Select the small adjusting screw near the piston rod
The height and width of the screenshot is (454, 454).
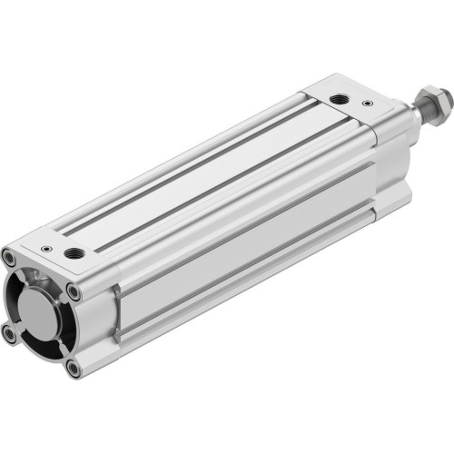point(367,104)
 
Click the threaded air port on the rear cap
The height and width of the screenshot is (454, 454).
point(73,253)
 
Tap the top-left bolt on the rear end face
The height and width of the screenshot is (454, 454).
point(10,258)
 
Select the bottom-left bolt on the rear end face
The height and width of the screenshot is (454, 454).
point(10,333)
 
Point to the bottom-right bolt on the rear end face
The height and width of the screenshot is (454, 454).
point(74,369)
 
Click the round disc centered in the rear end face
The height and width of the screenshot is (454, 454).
point(41,313)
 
